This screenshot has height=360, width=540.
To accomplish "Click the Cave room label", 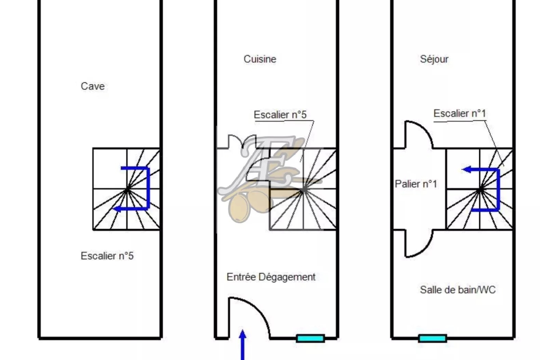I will click(93, 86).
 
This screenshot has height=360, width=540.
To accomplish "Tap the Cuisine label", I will click(260, 59).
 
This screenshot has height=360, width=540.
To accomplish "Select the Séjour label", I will click(434, 59).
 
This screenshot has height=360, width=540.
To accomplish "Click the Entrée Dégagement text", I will click(271, 277).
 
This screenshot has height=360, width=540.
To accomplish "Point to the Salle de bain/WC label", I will click(458, 290).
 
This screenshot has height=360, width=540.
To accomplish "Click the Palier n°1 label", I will click(416, 184).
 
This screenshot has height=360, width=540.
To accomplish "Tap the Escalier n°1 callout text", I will click(459, 114).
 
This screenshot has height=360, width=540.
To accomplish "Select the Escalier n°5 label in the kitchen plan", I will click(280, 115).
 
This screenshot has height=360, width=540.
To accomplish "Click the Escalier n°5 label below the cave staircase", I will click(107, 256).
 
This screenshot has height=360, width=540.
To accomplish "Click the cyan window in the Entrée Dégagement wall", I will click(310, 338).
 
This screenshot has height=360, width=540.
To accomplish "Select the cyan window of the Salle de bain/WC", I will click(432, 338).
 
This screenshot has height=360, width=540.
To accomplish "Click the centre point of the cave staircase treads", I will click(127, 190).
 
